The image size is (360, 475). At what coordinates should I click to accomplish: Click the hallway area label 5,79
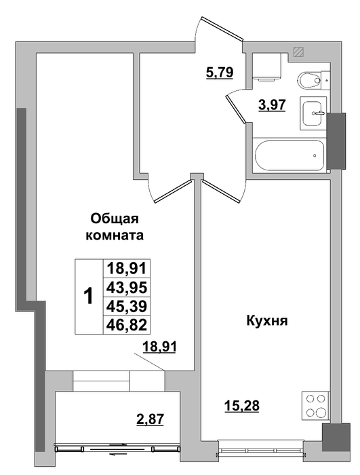coord(220,73)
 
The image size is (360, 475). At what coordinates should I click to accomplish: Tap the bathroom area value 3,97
coord(272,105)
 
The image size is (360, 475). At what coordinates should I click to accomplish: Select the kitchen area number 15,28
coord(242,405)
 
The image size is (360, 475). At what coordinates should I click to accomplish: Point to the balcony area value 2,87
coord(151,419)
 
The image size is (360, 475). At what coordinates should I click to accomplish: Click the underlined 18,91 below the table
coord(159,347)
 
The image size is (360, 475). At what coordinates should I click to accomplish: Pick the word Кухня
coord(267,321)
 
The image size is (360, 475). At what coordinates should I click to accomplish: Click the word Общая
coord(115,218)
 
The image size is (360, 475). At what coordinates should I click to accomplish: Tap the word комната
coord(115,235)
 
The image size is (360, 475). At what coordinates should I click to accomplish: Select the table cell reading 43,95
coord(127,288)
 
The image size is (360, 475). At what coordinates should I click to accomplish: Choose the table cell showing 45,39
coord(127,306)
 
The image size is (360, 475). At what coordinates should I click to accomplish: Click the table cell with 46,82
coord(127,325)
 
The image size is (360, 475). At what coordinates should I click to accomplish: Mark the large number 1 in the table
coord(89,297)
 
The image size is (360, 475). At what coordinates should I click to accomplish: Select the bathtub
coord(289,155)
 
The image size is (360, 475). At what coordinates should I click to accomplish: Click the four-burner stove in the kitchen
coord(315,405)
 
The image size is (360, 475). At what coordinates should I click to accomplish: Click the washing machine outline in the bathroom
coord(266,66)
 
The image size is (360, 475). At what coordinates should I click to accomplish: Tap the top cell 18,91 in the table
coord(127,269)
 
